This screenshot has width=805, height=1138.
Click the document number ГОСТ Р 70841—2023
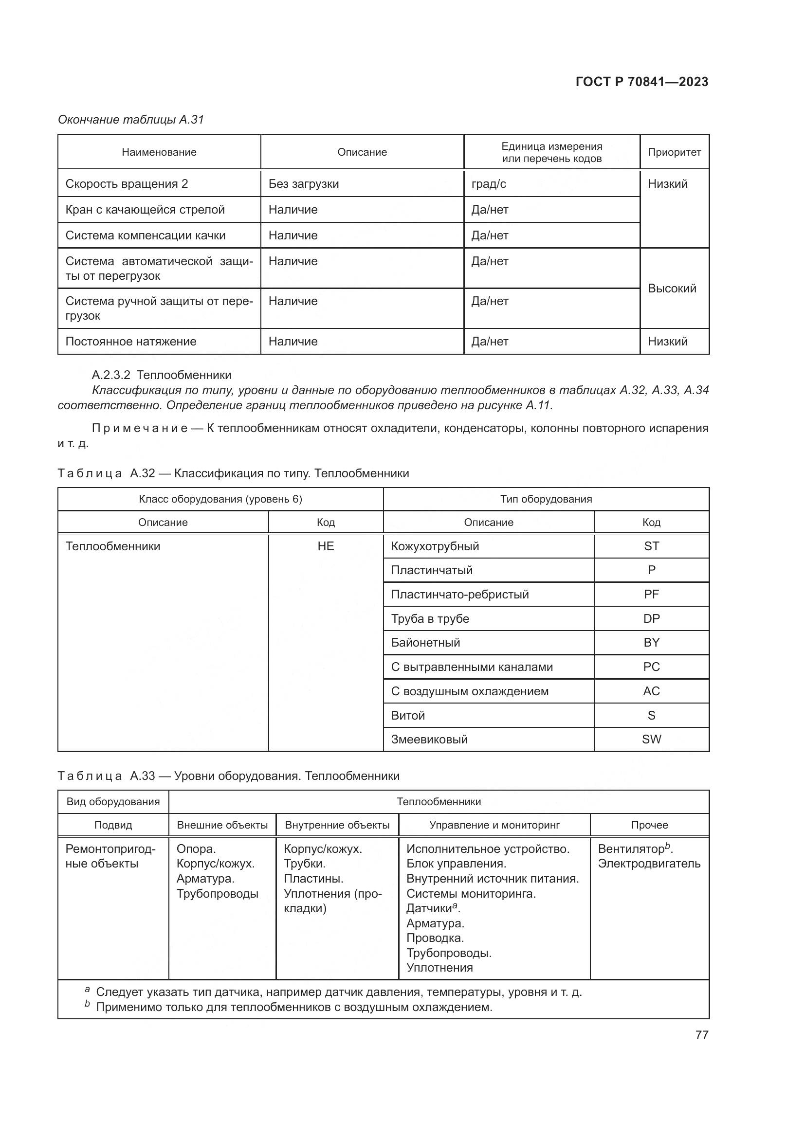(x=641, y=82)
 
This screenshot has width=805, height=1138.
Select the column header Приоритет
(x=674, y=152)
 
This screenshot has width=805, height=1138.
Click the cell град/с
(x=488, y=184)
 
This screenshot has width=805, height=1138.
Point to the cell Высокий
(x=672, y=289)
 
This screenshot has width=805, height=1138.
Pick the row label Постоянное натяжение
(x=131, y=342)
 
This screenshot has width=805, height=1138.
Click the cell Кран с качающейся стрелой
(x=145, y=210)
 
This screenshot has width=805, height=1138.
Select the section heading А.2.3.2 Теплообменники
(x=161, y=375)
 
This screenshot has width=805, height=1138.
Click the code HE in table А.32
(x=326, y=546)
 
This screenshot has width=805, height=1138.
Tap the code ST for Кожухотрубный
(x=651, y=546)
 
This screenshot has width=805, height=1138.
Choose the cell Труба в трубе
(x=430, y=618)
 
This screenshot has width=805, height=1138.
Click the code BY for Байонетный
(x=651, y=643)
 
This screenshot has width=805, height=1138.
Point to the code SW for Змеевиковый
(x=651, y=739)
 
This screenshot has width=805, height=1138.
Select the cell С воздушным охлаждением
(x=469, y=691)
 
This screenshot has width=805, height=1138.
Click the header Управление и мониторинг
(x=494, y=825)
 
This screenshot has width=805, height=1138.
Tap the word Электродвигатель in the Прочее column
(x=649, y=864)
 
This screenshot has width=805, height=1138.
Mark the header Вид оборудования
(x=113, y=801)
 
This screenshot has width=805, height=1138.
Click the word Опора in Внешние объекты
(x=195, y=849)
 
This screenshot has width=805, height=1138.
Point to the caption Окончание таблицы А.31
(x=131, y=120)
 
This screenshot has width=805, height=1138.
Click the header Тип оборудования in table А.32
(x=546, y=499)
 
